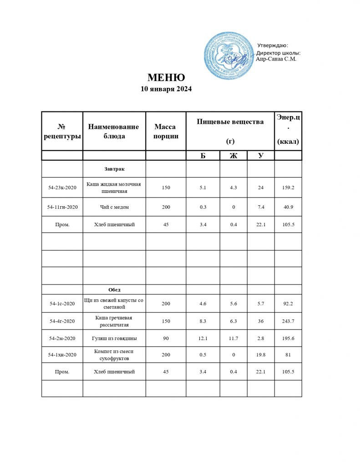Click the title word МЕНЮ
click(166, 77)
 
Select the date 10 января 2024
click(166, 89)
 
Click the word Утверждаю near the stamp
click(273, 45)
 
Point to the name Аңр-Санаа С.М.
click(277, 59)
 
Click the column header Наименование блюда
click(113, 131)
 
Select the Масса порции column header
click(166, 131)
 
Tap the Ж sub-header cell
click(233, 156)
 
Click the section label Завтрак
click(114, 169)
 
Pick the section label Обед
click(114, 289)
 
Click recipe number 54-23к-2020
click(62, 187)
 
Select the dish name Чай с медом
click(114, 207)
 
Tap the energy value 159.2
click(288, 187)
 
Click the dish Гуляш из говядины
click(114, 338)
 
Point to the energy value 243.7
click(288, 321)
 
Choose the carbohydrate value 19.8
click(261, 355)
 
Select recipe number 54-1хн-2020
click(62, 355)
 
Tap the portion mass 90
click(166, 338)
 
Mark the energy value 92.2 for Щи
click(288, 303)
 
